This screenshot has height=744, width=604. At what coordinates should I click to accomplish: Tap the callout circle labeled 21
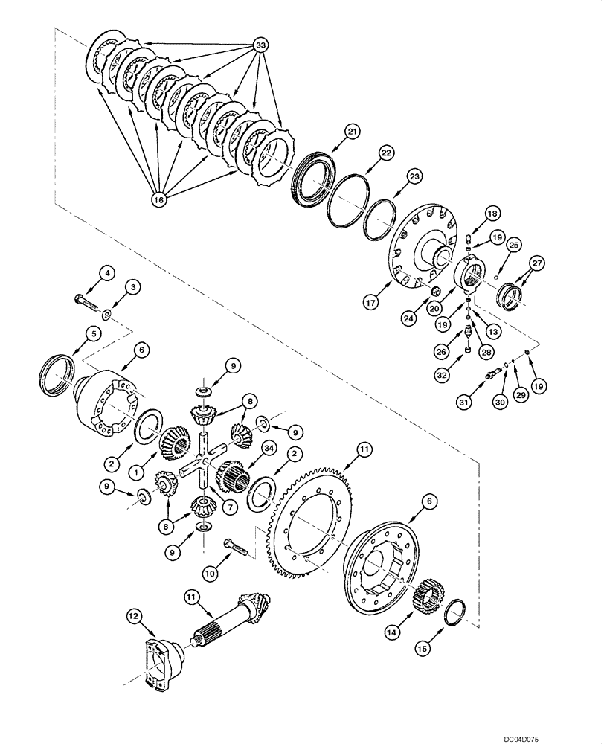point(351,131)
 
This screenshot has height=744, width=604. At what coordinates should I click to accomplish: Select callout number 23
point(414,176)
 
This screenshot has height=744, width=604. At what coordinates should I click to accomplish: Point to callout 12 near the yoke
point(132,615)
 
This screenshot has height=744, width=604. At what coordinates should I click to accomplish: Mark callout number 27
point(537,263)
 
